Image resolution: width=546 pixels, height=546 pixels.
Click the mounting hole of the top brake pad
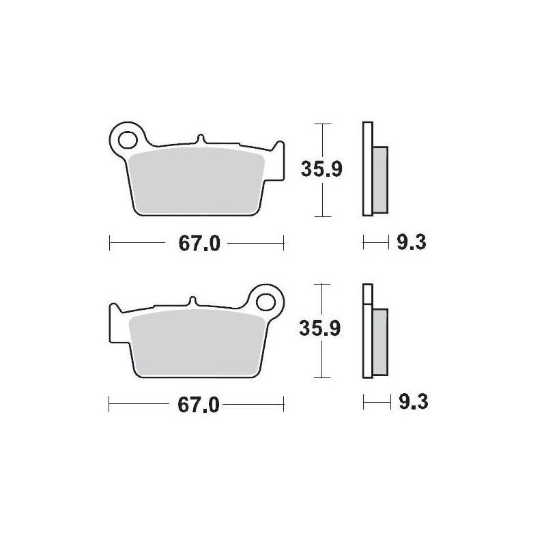coord(127,139)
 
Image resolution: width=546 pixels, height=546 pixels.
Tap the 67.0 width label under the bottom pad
coord(198,405)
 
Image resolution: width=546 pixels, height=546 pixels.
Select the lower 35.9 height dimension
coord(321,329)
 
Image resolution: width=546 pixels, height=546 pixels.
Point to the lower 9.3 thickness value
coord(412,403)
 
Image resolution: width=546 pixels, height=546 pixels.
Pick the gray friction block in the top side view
coord(380,178)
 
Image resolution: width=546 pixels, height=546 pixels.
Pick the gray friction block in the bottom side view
coord(379,340)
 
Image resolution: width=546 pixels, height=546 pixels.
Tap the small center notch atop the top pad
coord(201,139)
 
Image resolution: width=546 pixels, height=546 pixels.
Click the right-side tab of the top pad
coord(277,160)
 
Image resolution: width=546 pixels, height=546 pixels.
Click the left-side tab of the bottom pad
coord(115,321)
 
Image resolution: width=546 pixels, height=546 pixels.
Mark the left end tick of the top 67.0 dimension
coord(110,242)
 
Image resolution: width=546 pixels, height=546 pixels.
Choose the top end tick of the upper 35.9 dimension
coord(321,124)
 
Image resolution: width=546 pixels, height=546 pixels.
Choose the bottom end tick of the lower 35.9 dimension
coord(321,377)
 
